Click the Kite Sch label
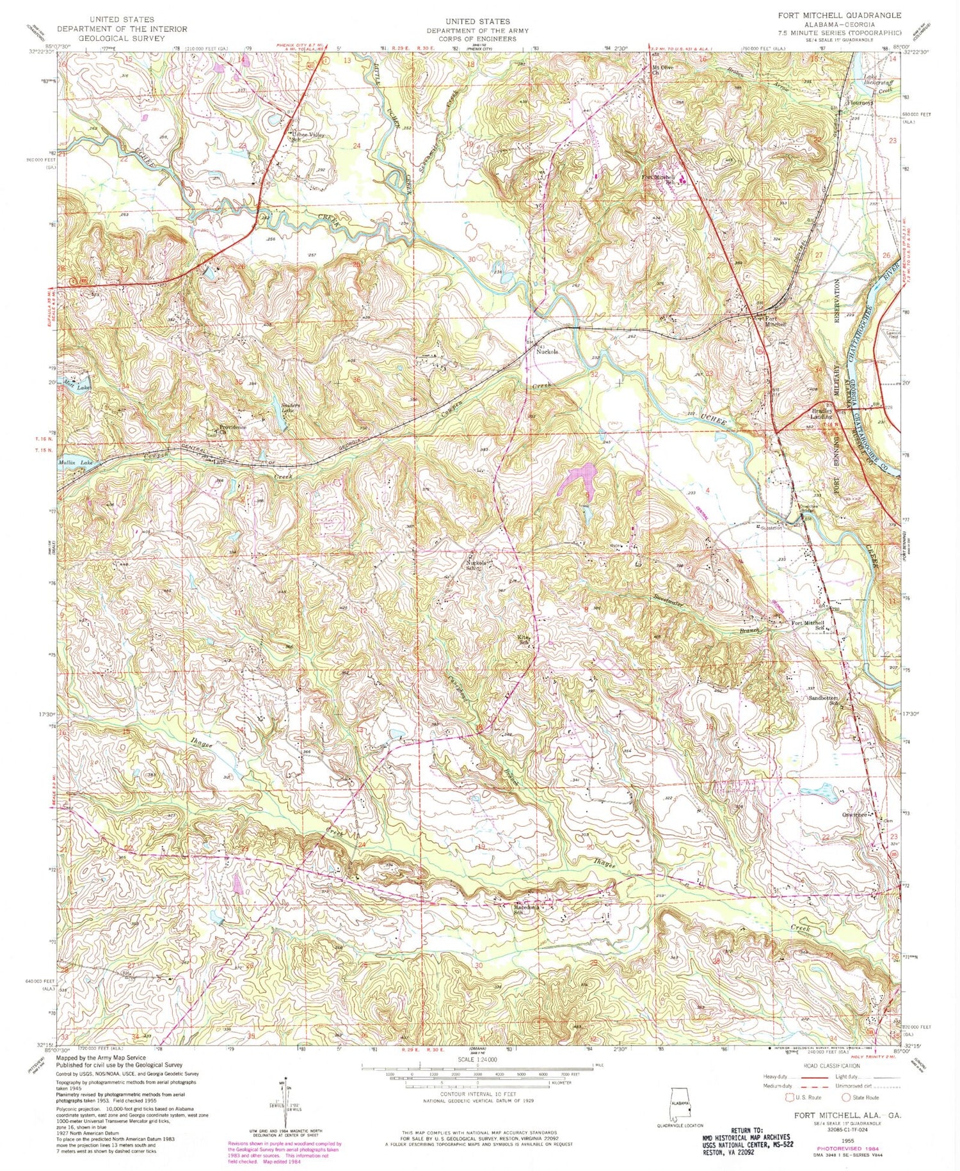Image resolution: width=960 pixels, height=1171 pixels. coord(525,639)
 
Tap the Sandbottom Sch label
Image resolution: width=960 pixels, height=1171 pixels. coord(823,700)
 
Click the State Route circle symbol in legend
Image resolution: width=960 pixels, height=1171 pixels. coord(845,1097)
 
